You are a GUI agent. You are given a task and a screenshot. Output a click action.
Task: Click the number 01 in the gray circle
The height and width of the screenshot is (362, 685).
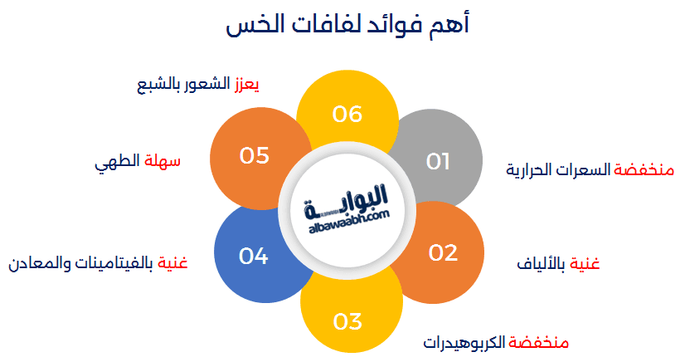[438, 161]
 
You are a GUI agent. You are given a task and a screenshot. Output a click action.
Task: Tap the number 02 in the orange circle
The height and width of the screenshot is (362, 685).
[443, 252]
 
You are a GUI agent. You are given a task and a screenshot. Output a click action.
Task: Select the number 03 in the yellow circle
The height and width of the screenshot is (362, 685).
[347, 322]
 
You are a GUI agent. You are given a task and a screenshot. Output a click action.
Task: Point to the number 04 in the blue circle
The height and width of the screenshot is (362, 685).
[254, 257]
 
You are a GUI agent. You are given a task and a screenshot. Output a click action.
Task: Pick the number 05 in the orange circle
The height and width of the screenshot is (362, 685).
[255, 155]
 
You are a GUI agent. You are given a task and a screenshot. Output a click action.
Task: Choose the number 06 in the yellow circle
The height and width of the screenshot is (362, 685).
[347, 114]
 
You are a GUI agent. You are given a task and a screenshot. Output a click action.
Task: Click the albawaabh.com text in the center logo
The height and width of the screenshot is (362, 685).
[349, 222]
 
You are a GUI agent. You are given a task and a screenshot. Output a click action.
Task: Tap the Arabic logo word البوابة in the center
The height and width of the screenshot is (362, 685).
[346, 201]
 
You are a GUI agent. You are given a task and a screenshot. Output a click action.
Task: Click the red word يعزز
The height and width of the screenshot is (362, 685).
[247, 84]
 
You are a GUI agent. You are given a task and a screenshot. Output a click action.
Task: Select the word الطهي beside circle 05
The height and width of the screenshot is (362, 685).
[117, 162]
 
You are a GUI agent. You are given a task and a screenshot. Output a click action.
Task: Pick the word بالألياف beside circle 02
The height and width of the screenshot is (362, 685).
[541, 264]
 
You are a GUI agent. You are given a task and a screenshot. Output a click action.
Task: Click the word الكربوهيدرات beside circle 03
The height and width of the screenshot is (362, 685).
[464, 342]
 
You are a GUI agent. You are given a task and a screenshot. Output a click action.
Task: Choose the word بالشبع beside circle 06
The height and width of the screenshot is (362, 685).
[158, 85]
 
